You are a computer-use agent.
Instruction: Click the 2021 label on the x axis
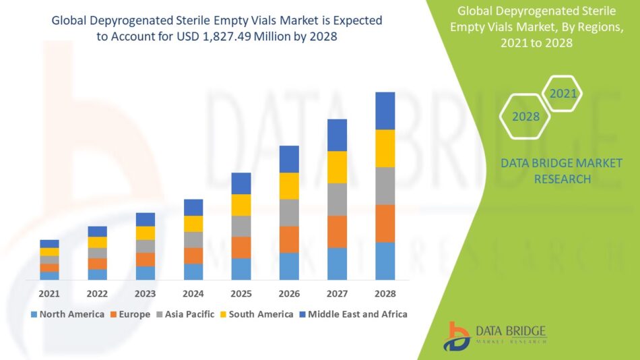49,294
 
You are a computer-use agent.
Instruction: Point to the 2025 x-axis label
241,294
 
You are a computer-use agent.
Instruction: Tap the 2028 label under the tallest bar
385,294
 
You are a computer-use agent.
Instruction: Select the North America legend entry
67,314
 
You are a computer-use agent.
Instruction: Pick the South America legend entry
256,314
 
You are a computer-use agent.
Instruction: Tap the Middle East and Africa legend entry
353,314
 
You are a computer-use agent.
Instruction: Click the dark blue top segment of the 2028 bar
385,111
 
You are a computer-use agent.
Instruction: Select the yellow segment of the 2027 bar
337,167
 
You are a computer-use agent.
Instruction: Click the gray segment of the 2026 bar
289,212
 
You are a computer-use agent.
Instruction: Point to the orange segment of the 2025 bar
241,247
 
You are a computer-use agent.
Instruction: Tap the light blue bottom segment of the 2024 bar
193,272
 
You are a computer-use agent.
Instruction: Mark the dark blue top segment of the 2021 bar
49,243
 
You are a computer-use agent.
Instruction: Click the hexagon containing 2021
563,94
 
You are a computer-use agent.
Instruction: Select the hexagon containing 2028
525,117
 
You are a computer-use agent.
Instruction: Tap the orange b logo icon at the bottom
456,336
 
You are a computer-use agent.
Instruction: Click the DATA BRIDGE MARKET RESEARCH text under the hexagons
562,171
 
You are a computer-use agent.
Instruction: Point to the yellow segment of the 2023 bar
146,233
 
